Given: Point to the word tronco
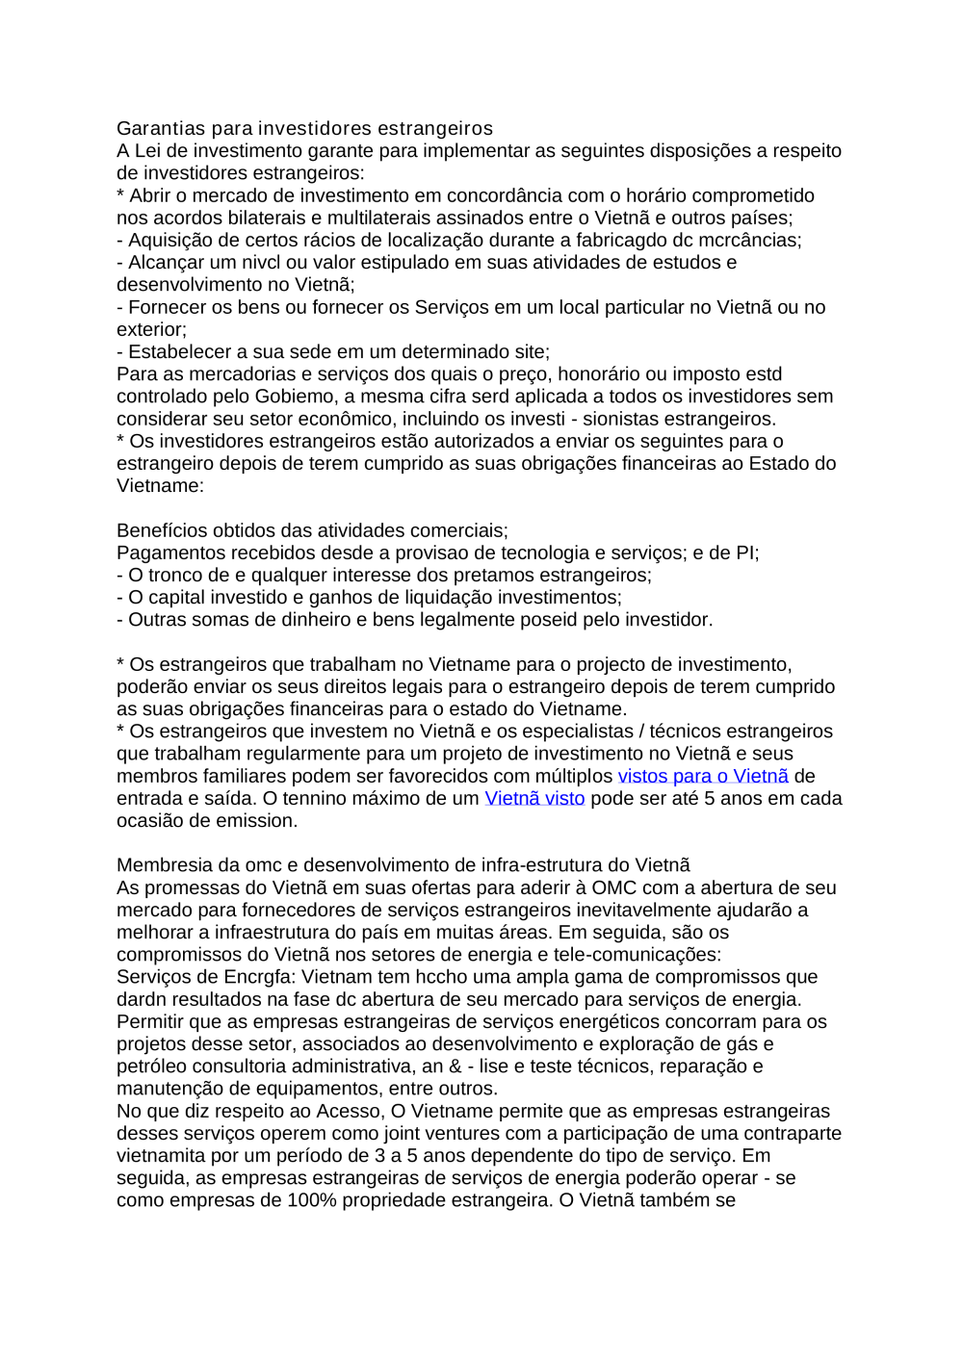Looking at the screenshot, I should pos(175,576).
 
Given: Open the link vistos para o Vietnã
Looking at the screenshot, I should pos(703,777).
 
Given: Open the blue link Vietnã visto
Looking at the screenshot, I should pos(534,799).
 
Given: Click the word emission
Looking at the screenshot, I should pos(255,821).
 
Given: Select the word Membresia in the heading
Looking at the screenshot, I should pos(165,866).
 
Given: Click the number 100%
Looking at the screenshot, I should pos(312,1200).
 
